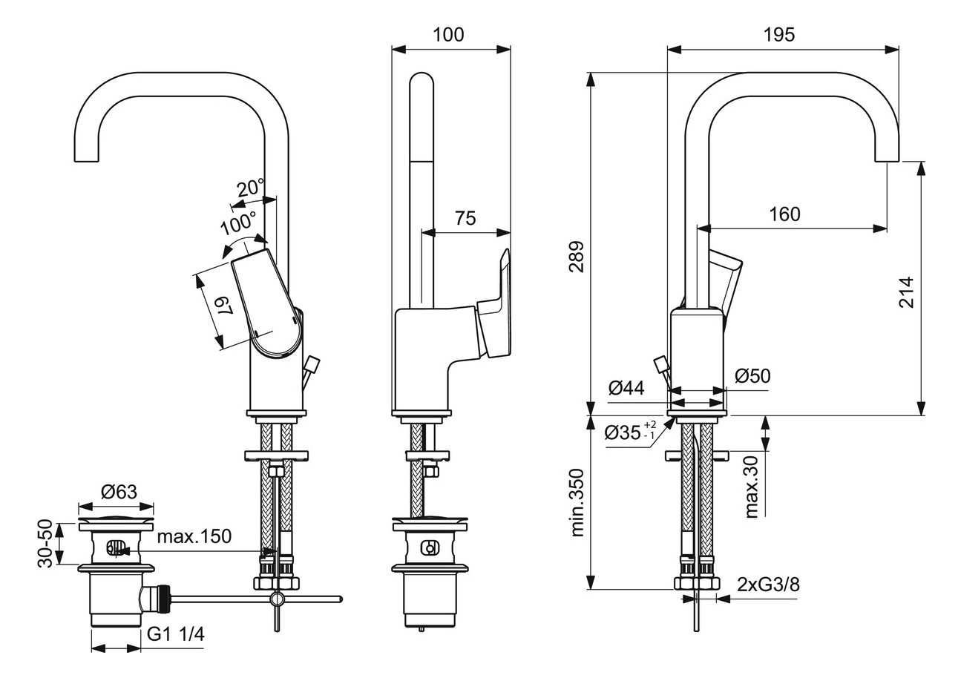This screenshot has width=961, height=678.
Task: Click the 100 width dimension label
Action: (x=448, y=34)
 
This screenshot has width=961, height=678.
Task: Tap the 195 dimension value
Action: (x=778, y=34)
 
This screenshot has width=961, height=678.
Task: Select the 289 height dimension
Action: (x=576, y=256)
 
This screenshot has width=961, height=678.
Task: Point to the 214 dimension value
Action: (x=906, y=293)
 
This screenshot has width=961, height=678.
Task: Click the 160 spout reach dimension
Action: (x=784, y=214)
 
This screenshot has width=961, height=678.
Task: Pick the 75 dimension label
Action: (x=465, y=218)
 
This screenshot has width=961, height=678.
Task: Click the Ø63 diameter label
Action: (x=117, y=491)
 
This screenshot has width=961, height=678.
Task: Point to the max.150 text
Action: (x=194, y=536)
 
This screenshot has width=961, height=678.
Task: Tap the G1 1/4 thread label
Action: (x=174, y=634)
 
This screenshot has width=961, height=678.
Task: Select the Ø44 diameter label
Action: (x=626, y=387)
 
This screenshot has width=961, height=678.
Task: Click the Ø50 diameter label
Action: (x=752, y=376)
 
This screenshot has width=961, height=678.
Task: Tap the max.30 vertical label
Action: (x=752, y=487)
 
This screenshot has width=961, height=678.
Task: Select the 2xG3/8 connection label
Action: (x=769, y=584)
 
